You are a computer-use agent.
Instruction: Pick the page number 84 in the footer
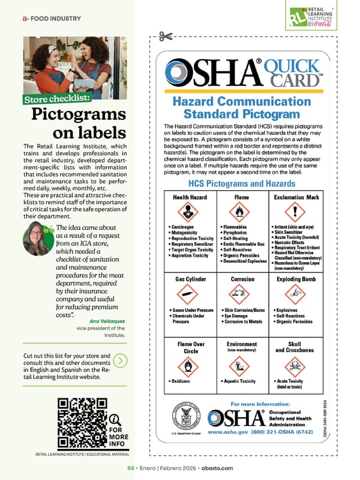[130, 468]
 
